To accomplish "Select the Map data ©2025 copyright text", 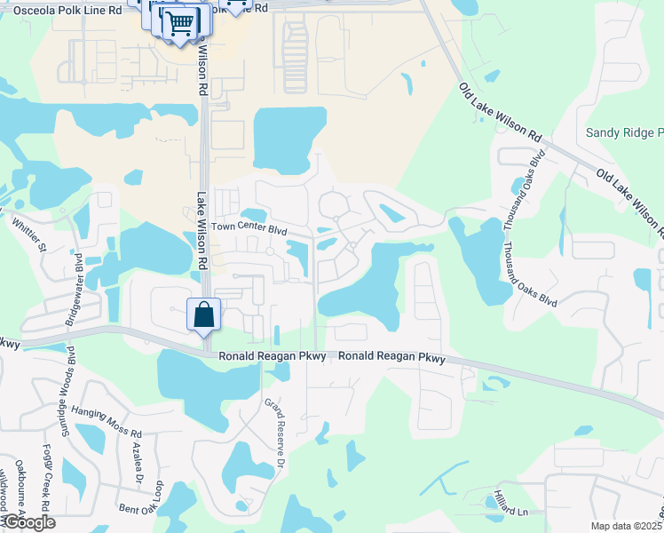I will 625,526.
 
